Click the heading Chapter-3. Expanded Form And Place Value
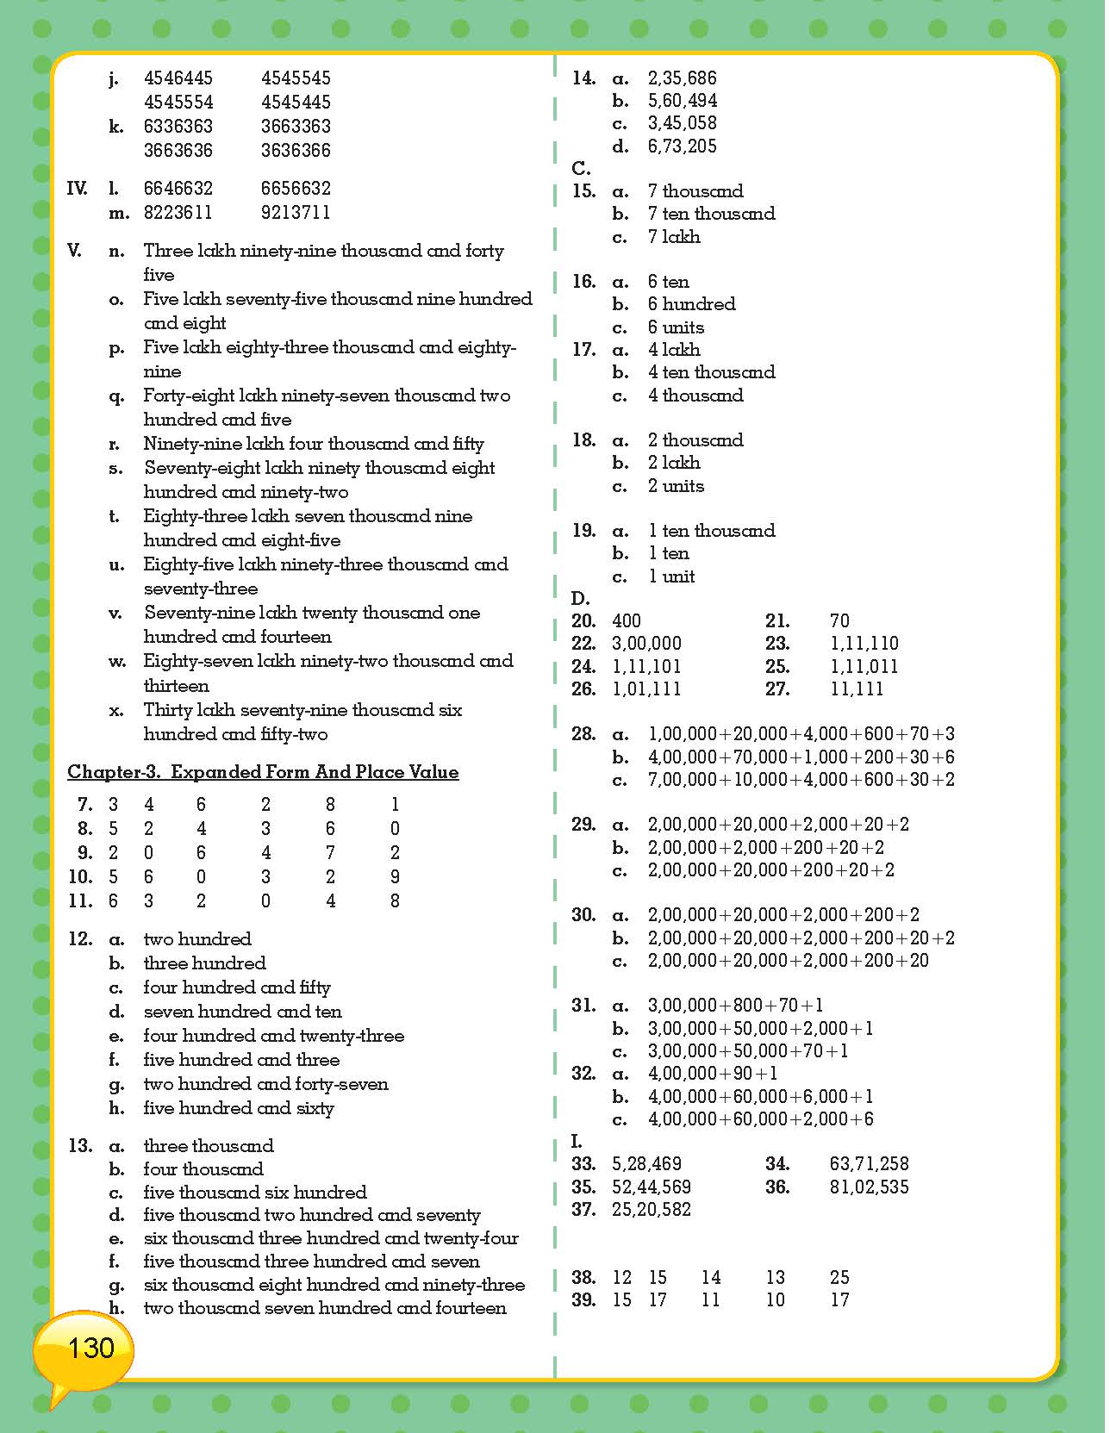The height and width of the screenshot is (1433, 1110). point(263,772)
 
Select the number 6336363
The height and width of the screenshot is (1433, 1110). point(178,127)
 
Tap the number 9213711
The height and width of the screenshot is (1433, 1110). point(296,213)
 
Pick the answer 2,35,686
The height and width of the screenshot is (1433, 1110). point(682,78)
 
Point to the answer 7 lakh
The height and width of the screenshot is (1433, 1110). point(674,237)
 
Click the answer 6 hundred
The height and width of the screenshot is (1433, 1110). point(691,304)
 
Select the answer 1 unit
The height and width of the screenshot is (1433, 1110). point(671,576)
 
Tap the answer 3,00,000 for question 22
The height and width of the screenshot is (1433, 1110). point(646,644)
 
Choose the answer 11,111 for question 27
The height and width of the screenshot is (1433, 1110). point(857,689)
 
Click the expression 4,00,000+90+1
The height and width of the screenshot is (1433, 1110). point(713,1074)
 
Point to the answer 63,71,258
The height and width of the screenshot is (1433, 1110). point(869,1164)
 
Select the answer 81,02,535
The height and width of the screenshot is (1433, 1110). point(869,1187)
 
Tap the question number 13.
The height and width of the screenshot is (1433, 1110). point(80,1146)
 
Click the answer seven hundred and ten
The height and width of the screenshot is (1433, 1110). point(242,1012)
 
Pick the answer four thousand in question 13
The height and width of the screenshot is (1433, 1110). point(203,1169)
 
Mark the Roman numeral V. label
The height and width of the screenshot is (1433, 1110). point(75,252)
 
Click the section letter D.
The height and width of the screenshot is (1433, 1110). point(581,599)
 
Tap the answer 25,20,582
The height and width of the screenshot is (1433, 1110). point(651,1210)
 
